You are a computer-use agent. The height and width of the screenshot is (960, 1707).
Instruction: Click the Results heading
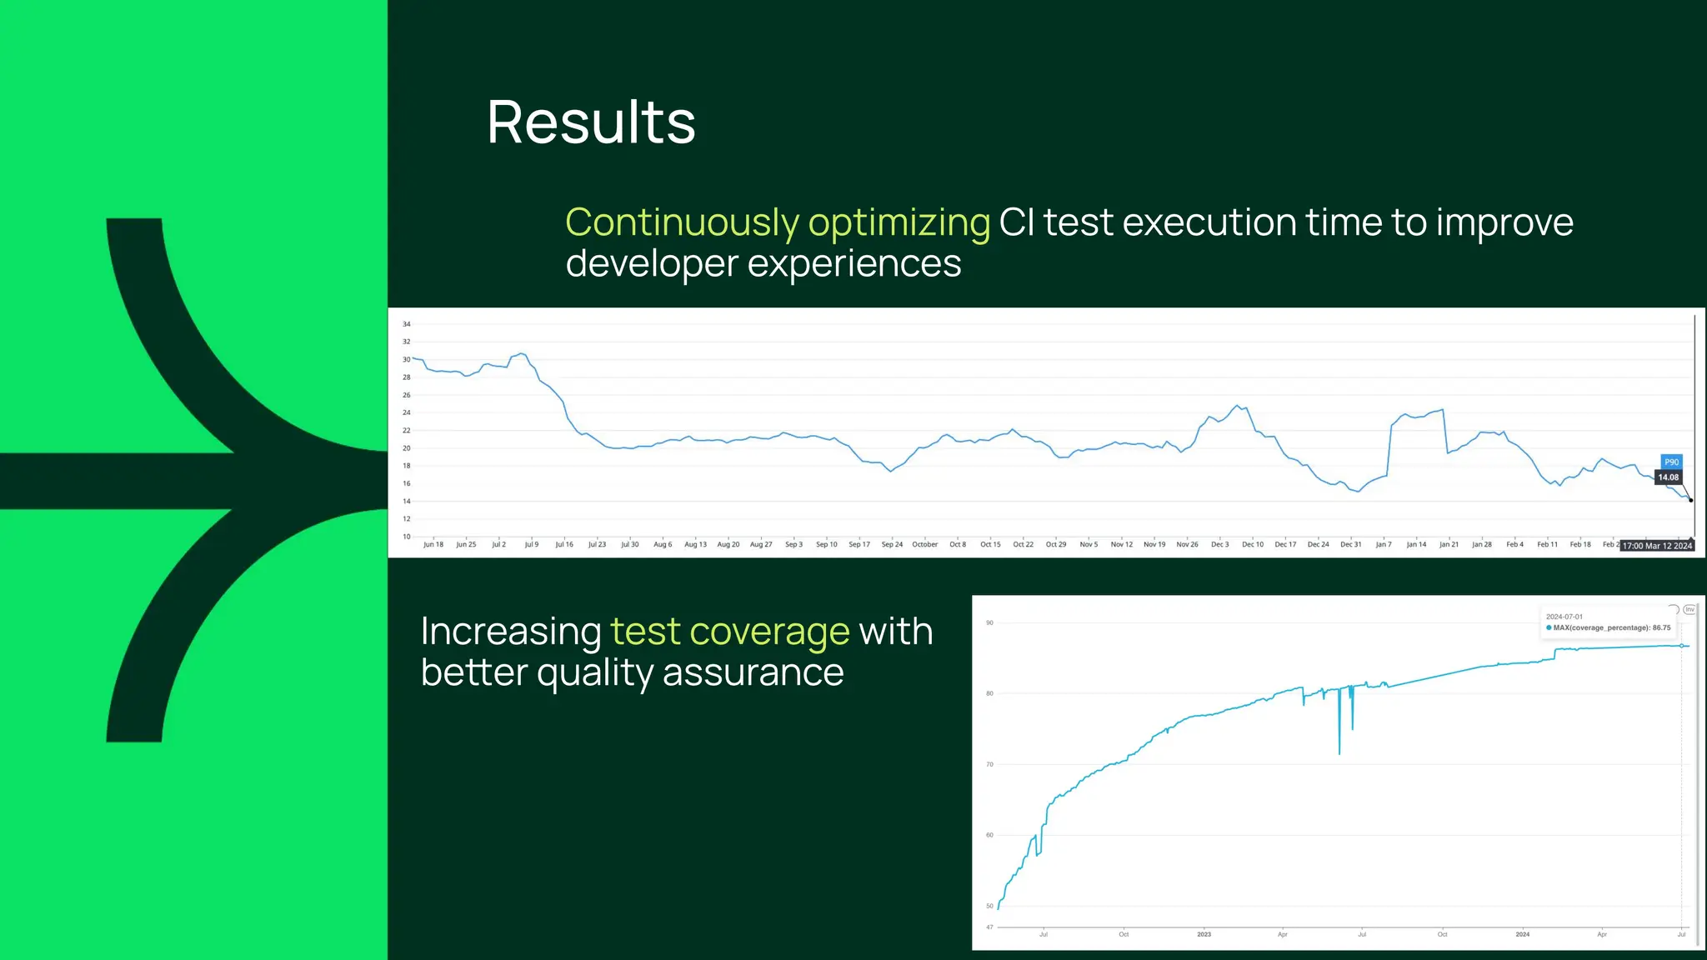(590, 122)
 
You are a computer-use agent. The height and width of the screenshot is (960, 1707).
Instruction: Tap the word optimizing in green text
(899, 222)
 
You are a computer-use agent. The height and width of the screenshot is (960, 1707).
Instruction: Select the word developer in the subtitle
(652, 264)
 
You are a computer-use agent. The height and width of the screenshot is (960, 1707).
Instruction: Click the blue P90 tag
(1671, 462)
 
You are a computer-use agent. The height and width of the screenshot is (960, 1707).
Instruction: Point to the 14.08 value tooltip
(1668, 477)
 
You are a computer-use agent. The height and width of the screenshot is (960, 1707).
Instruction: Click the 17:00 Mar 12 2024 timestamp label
(1657, 546)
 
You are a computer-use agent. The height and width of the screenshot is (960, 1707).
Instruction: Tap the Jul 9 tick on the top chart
(531, 544)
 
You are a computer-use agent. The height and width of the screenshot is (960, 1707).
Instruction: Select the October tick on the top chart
(924, 544)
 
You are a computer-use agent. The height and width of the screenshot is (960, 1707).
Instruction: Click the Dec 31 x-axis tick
(1350, 544)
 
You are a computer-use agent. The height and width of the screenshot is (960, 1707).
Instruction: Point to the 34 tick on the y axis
(407, 324)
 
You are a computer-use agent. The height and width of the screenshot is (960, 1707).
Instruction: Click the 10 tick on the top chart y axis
(407, 537)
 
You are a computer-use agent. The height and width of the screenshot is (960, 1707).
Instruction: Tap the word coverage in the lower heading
(769, 632)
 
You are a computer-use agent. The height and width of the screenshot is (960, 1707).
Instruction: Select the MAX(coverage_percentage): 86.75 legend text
(1611, 627)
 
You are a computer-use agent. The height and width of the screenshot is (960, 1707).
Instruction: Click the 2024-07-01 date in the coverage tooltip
(1564, 617)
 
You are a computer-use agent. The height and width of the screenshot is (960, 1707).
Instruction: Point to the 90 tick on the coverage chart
(989, 622)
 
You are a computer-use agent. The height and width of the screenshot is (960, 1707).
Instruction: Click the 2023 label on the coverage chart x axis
(1204, 934)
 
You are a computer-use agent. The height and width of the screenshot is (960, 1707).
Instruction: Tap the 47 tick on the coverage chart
(989, 927)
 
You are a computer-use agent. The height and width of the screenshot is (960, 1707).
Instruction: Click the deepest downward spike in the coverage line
(1339, 752)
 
